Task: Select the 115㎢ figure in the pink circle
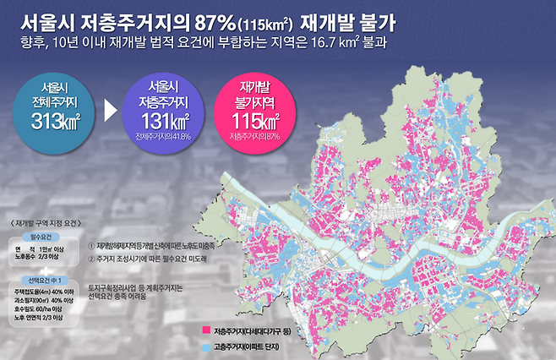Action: pos(258,120)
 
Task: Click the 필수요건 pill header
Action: pos(41,237)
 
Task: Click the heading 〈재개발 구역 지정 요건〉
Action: pos(43,222)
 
